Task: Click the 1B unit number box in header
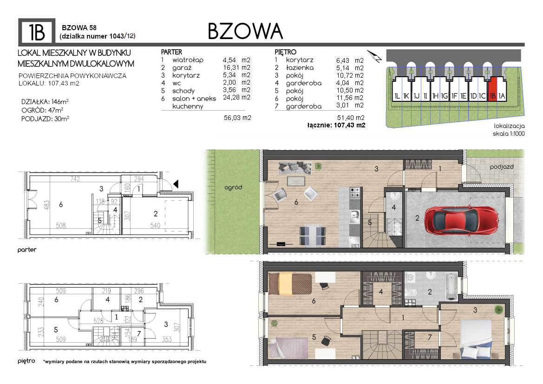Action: pos(37,32)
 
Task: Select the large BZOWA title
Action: pos(245,31)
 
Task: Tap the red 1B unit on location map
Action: pos(492,90)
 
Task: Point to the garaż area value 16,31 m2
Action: pos(236,67)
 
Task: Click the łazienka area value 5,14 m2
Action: pos(350,68)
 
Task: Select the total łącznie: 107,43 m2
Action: pos(336,125)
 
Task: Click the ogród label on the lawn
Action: pos(233,187)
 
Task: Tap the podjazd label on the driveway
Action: pos(502,167)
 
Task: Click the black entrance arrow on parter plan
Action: pos(176,184)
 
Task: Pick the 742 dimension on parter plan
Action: pos(75,179)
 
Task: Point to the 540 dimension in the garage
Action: pos(155,225)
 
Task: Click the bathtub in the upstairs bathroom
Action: pos(451,287)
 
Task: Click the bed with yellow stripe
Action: pos(290,284)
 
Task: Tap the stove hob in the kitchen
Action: pos(354,193)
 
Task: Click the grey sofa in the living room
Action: pos(295,168)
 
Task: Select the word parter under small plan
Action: pos(27,250)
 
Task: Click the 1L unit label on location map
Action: pos(397,96)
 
